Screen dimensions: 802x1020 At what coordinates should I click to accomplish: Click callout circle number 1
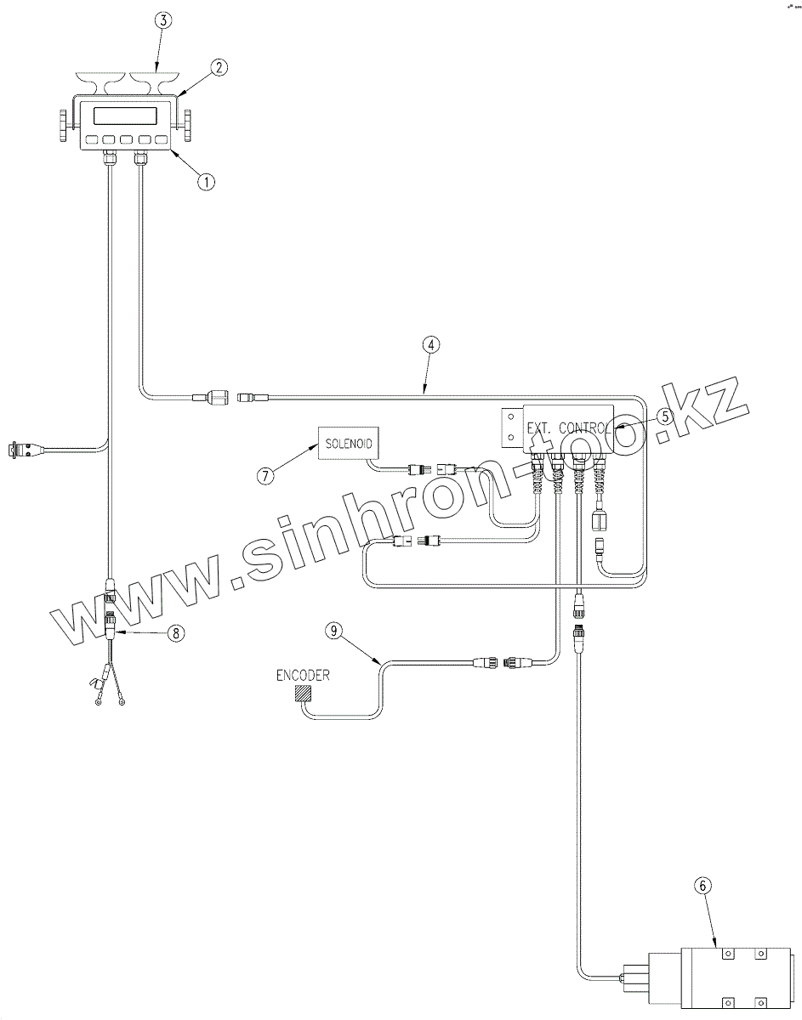[x=206, y=180]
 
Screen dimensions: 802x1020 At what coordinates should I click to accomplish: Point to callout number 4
[x=431, y=345]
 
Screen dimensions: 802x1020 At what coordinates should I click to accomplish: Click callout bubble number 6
[x=702, y=886]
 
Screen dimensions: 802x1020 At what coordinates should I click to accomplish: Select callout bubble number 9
[x=335, y=631]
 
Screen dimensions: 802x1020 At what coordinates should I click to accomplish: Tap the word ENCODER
[x=303, y=676]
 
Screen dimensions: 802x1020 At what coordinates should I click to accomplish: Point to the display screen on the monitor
[x=125, y=116]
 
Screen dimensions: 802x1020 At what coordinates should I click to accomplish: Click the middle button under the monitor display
[x=126, y=140]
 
